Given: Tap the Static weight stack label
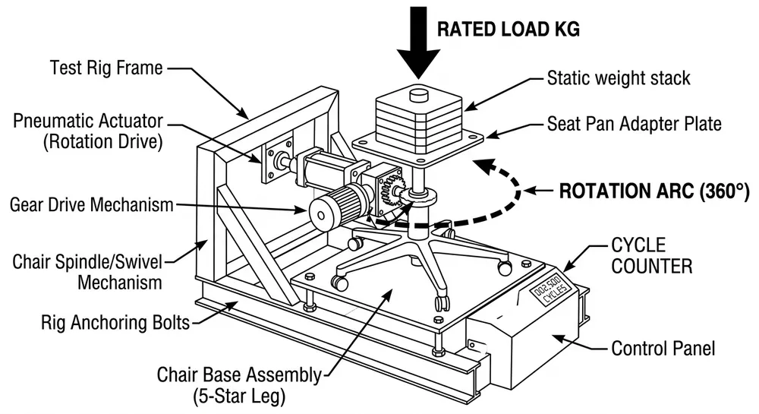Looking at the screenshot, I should coord(619,78).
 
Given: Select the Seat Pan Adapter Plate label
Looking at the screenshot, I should coord(635,123).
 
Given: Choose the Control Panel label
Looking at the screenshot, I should coord(663,349).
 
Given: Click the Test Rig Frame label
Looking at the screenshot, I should coord(106,68).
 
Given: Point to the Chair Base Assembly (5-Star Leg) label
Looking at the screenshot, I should coord(238,384).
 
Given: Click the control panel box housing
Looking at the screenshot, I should coord(524,342).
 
